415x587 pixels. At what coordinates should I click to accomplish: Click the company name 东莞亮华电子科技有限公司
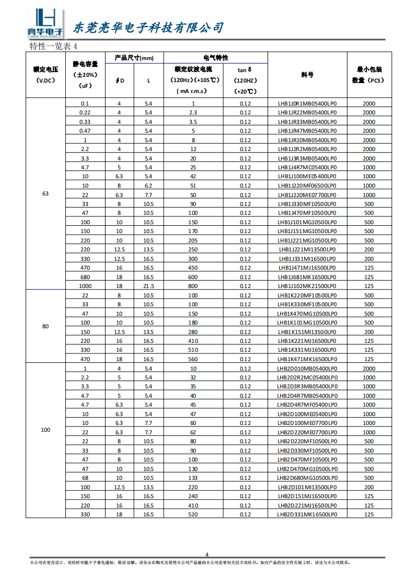[147, 28]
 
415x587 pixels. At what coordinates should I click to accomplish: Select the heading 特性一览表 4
[54, 46]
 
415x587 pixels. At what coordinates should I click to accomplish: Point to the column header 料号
[307, 75]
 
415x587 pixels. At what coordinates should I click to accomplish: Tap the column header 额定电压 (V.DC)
[45, 75]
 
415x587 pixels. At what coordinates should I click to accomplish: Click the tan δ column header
[245, 80]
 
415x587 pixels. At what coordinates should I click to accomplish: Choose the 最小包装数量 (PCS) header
[369, 75]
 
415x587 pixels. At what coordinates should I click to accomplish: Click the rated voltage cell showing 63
[45, 194]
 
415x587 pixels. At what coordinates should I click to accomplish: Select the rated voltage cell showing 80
[45, 326]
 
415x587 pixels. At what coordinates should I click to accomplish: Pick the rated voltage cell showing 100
[45, 430]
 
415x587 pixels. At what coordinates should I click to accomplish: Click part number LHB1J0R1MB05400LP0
[307, 103]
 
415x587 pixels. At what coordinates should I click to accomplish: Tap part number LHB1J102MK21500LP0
[307, 286]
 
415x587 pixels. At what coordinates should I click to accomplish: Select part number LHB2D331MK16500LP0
[307, 514]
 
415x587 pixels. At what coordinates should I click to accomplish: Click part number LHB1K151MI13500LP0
[307, 332]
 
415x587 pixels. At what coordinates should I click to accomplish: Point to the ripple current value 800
[193, 286]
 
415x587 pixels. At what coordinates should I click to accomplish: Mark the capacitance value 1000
[85, 286]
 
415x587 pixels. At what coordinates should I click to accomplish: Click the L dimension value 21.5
[148, 286]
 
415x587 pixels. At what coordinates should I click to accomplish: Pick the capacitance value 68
[85, 478]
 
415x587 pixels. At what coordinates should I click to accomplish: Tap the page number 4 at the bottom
[206, 555]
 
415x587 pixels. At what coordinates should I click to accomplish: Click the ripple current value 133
[193, 478]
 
